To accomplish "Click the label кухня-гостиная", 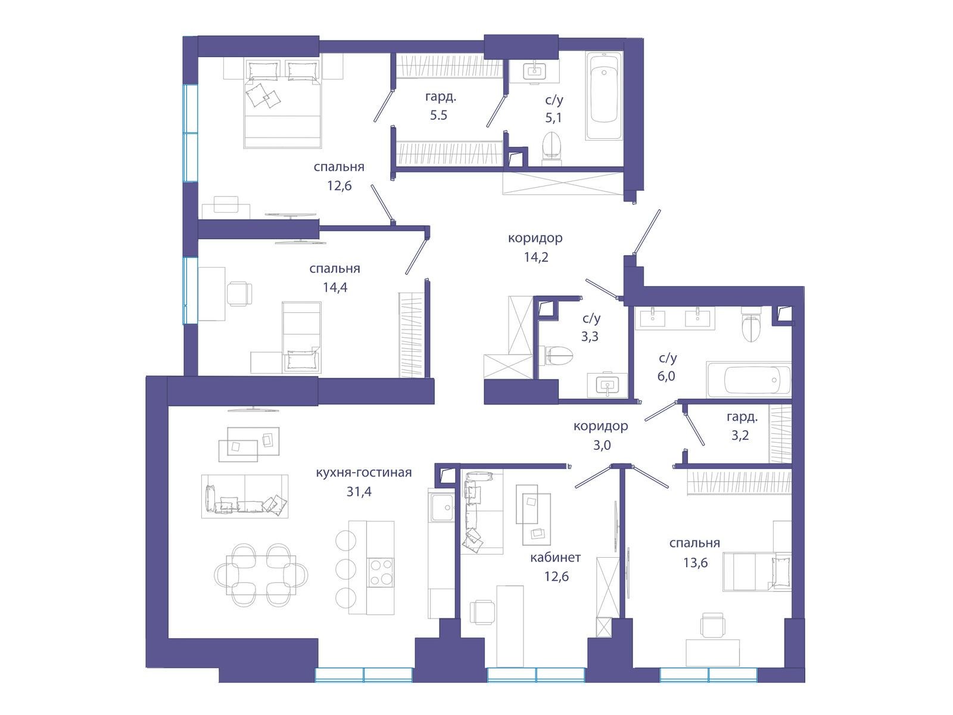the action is coord(363,472).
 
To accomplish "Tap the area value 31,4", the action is coord(359,492).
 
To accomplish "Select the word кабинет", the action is coord(555,557).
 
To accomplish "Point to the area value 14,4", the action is coord(335,287).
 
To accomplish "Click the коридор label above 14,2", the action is coord(535,238).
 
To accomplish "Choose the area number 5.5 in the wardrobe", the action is coord(438,116).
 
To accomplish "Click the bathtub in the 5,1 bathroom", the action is coord(604,95).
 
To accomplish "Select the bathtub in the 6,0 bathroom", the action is coord(749,380).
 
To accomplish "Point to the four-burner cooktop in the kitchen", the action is coord(381,572).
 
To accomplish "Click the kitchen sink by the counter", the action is coord(441,508).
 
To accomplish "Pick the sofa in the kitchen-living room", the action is coord(245,496).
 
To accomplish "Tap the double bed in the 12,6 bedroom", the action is coord(283,104).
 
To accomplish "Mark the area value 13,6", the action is coord(695,563).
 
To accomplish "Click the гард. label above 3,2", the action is coord(742,418).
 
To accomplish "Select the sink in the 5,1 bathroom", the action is coord(534,71).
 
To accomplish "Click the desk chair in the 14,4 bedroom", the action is coord(239,294).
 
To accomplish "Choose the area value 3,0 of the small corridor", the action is coord(602,446).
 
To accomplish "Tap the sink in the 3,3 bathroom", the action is coord(608,385).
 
